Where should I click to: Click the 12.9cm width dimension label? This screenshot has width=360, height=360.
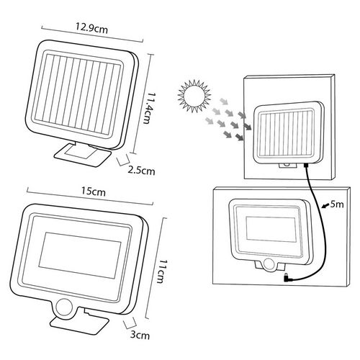pos(92,28)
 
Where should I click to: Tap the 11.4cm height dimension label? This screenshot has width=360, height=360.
pos(147,108)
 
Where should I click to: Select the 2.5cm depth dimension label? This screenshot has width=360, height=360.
pos(141,171)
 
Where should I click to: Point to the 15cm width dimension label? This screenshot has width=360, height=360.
pos(93,192)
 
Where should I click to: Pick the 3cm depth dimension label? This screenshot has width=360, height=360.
pos(140,335)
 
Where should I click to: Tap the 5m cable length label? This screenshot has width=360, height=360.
pos(337,204)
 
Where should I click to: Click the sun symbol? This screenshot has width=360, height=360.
pos(194,96)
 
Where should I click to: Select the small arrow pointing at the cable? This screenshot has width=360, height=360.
pos(325,205)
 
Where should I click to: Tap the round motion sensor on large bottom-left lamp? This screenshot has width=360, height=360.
pos(64,308)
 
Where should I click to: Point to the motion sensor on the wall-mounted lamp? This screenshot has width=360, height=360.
pos(269,264)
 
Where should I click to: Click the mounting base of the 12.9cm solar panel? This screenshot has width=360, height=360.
pos(82,154)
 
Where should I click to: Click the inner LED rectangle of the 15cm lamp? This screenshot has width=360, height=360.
pos(80,256)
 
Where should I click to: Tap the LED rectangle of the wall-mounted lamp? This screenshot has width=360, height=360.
pos(271,229)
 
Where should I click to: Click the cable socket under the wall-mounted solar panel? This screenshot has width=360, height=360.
pos(306,165)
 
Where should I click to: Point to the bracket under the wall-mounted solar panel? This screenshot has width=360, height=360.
pos(287,166)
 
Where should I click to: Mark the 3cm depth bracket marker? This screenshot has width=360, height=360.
pos(130,323)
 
